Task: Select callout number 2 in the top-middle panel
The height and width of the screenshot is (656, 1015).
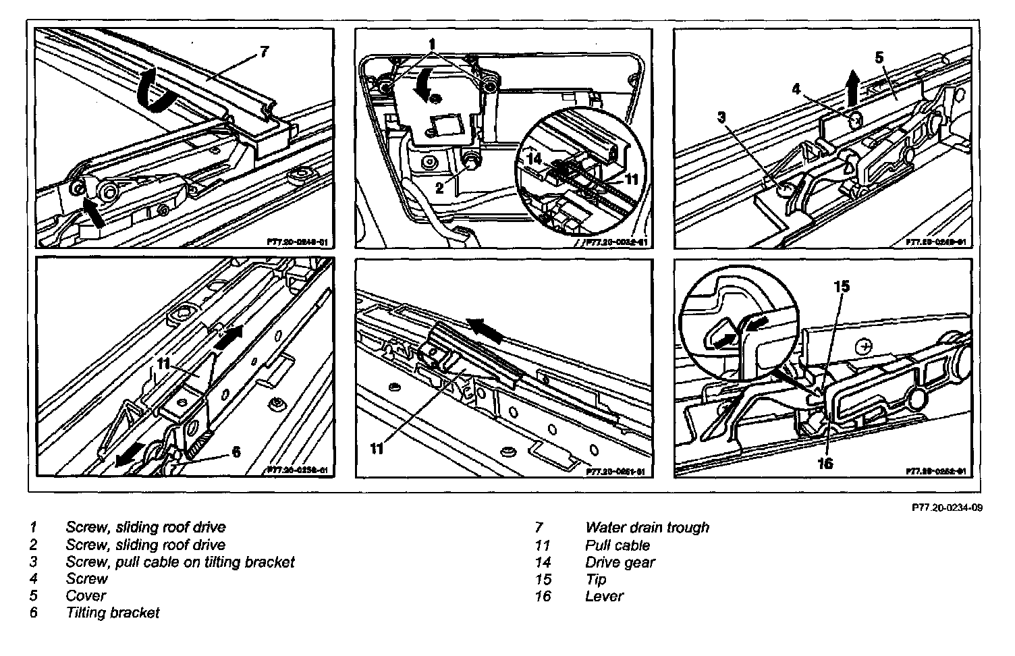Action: coord(439,188)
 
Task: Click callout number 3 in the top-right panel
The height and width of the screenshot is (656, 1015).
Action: coord(721,117)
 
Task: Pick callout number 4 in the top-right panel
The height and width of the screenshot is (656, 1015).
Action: coord(796,88)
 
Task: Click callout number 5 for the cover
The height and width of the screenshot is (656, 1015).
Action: coord(879,57)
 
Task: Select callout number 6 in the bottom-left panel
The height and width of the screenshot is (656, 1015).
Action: coord(236,452)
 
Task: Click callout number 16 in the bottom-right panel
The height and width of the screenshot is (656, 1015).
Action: coord(825,463)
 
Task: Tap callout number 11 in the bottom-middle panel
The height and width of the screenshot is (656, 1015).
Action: coord(377,448)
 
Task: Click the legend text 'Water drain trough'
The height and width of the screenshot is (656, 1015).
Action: coord(647,527)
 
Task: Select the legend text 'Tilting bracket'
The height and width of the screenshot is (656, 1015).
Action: coord(113,613)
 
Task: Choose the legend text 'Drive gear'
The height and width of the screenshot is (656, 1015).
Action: coord(620,562)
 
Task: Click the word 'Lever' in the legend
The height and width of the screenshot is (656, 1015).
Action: coord(604,596)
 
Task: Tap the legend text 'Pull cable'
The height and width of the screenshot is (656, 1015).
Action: coord(618,545)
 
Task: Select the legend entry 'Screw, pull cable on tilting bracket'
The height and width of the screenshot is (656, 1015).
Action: coord(180,562)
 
